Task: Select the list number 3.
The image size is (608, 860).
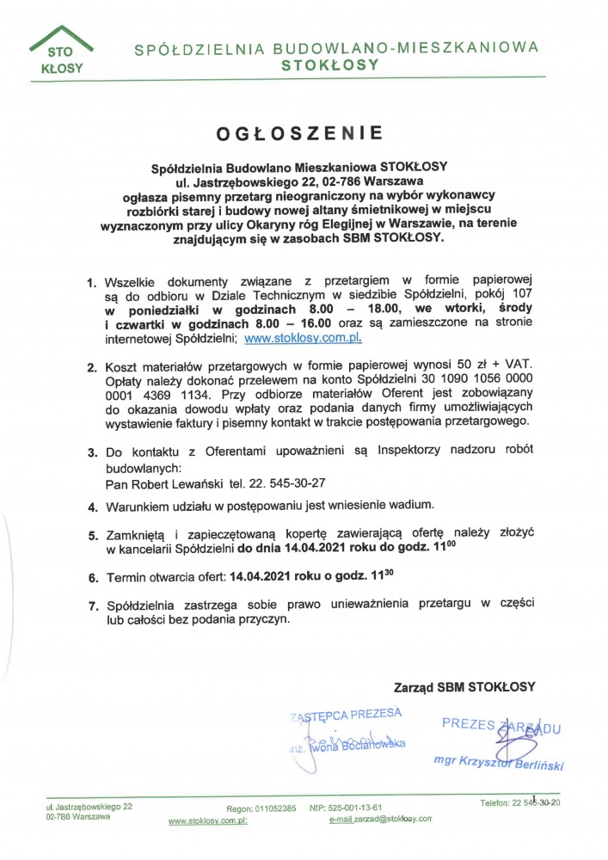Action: point(92,452)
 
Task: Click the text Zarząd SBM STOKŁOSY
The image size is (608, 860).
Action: point(464,687)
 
